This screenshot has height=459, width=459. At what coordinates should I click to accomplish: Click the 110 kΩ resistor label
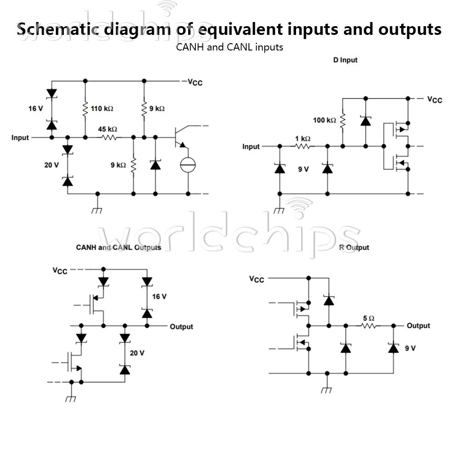[102, 109]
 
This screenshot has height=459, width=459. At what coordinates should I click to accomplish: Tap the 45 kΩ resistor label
[107, 129]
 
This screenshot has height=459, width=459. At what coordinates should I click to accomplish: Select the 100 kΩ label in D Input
[325, 120]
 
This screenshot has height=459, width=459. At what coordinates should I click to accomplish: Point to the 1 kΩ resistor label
[302, 139]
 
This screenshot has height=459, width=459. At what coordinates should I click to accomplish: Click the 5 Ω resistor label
[369, 318]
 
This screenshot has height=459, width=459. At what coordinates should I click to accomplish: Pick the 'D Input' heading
[345, 60]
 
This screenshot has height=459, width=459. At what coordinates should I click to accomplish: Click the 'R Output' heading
[354, 248]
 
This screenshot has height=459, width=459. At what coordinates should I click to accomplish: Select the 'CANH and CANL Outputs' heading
[118, 248]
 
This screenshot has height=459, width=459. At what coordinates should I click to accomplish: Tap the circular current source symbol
[188, 164]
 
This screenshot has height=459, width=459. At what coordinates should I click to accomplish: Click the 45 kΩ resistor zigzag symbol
[109, 137]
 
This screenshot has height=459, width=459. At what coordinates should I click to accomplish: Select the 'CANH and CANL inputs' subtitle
[229, 47]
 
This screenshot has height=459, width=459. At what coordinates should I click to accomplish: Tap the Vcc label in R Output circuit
[257, 279]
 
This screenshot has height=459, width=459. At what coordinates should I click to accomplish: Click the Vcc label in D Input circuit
[434, 100]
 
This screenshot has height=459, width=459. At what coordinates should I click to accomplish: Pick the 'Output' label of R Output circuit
[418, 326]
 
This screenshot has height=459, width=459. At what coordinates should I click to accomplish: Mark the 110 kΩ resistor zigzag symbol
[85, 109]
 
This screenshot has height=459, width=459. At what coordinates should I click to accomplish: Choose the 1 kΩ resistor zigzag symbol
[302, 146]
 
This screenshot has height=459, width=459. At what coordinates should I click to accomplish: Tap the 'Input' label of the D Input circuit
[251, 147]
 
